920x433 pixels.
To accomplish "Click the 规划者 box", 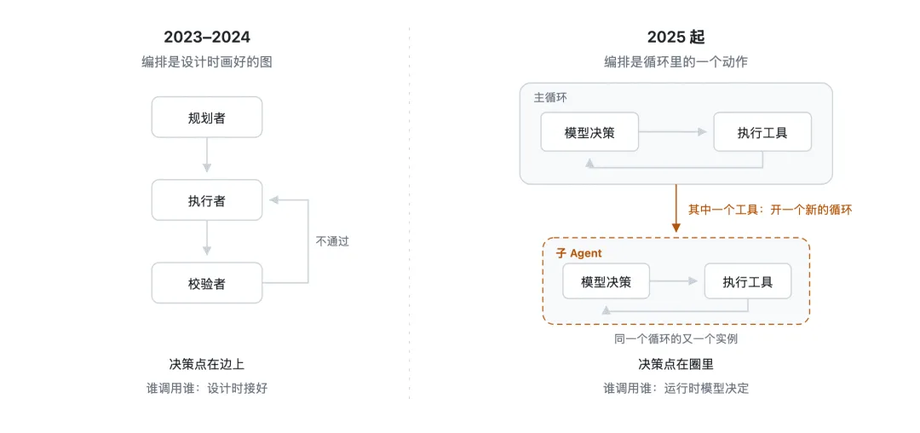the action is coord(206,118).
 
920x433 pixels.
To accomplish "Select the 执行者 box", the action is coord(206,200).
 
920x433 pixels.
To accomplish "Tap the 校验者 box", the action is coord(206,283).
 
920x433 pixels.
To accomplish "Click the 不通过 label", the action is coord(332,241).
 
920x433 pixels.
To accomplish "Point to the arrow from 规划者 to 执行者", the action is coord(206,155).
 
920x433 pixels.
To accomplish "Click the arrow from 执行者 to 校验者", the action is coord(206,238).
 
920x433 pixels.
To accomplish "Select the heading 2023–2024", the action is coord(206,37).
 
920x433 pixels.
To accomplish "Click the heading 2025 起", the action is coord(676,37).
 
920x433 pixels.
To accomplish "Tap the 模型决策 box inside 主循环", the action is coord(589,132).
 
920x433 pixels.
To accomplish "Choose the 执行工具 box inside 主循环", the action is coord(762,132).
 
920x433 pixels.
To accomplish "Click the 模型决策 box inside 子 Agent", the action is coord(607,281).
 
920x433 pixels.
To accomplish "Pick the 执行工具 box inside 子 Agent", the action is coord(748,281).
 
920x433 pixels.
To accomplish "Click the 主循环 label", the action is coord(550,97).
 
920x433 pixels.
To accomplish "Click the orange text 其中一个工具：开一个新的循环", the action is coord(770,209).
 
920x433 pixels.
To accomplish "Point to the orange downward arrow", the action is coord(676,208).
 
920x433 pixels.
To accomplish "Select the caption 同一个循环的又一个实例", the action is coord(676,338).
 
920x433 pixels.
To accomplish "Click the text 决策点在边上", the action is coord(206,364).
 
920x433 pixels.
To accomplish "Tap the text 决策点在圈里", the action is coord(676,364).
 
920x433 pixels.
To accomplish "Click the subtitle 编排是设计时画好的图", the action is coord(206,61).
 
